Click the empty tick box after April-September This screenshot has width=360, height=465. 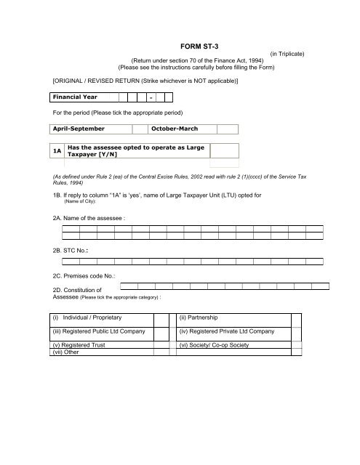tap(140, 129)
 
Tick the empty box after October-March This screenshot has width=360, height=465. tap(229, 129)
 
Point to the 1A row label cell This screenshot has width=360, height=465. tap(56, 150)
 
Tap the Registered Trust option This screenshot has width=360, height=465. tap(79, 346)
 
